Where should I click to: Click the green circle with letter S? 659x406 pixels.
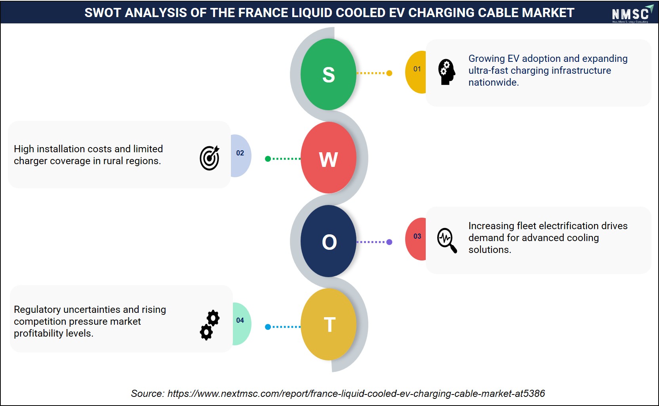(x=328, y=74)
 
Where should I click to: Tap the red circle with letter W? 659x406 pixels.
(x=328, y=158)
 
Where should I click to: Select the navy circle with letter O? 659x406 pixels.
(x=328, y=241)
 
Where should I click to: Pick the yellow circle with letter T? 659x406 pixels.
(x=328, y=324)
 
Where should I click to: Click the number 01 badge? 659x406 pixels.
(x=416, y=72)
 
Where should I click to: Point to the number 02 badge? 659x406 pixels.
(x=241, y=156)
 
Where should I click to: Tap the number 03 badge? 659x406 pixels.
(x=416, y=239)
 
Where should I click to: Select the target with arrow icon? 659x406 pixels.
(x=210, y=158)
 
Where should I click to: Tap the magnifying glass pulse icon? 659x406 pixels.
(x=447, y=240)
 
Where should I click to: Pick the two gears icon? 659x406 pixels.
(x=210, y=325)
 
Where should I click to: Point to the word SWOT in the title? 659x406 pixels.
(x=103, y=13)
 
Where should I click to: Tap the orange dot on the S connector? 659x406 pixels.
(x=389, y=73)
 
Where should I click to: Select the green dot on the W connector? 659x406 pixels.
(x=268, y=159)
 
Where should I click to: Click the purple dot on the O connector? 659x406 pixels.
(x=389, y=242)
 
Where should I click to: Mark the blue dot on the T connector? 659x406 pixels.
(x=268, y=327)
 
